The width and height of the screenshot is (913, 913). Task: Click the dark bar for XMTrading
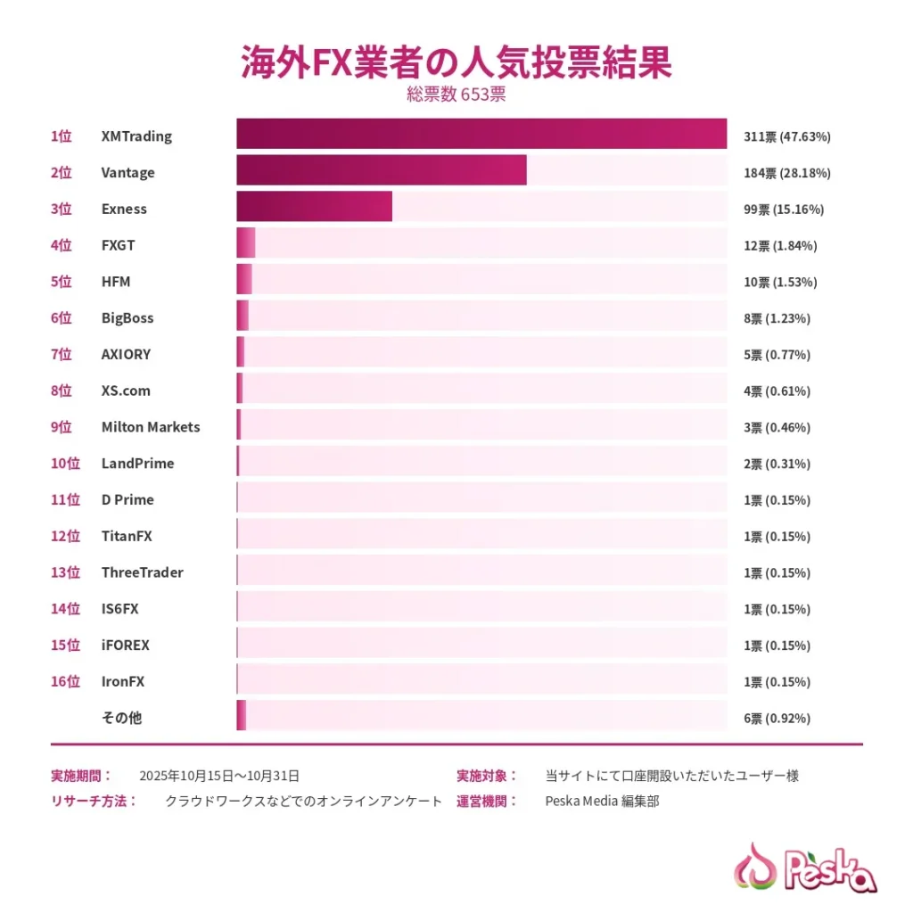pyautogui.click(x=481, y=134)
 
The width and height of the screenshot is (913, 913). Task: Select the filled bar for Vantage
pyautogui.click(x=382, y=170)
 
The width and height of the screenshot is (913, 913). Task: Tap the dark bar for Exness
pyautogui.click(x=314, y=207)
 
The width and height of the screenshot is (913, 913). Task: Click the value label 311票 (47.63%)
pyautogui.click(x=787, y=137)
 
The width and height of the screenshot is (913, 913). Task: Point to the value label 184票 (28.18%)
pyautogui.click(x=787, y=173)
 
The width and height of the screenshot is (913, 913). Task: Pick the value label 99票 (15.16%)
pyautogui.click(x=784, y=210)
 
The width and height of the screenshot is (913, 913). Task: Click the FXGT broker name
pyautogui.click(x=119, y=245)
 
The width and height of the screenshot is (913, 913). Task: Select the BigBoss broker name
pyautogui.click(x=127, y=318)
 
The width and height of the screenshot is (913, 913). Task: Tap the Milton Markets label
pyautogui.click(x=151, y=427)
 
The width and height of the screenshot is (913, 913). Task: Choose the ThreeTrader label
pyautogui.click(x=143, y=572)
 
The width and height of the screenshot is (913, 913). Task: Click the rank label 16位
pyautogui.click(x=65, y=682)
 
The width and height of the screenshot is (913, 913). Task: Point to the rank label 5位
pyautogui.click(x=62, y=282)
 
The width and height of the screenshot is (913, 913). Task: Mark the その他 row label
pyautogui.click(x=122, y=718)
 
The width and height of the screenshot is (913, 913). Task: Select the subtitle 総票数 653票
pyautogui.click(x=456, y=95)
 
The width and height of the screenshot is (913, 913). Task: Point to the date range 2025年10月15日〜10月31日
pyautogui.click(x=219, y=776)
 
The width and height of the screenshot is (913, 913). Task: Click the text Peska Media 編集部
pyautogui.click(x=602, y=802)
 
